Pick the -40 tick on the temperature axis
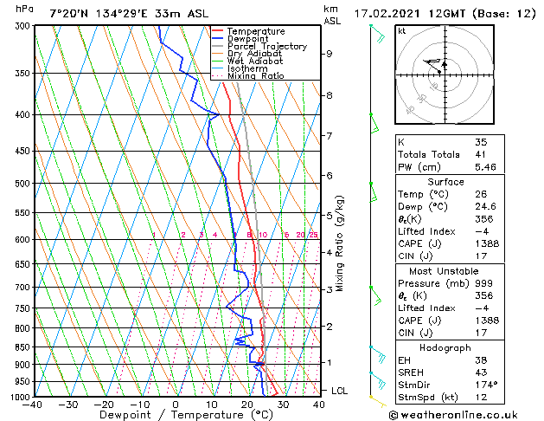pyautogui.click(x=34, y=405)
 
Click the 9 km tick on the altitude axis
pyautogui.click(x=330, y=54)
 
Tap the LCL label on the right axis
pyautogui.click(x=340, y=391)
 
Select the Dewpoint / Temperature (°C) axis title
pyautogui.click(x=176, y=415)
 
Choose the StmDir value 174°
pyautogui.click(x=486, y=384)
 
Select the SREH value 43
pyautogui.click(x=480, y=372)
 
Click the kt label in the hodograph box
pyautogui.click(x=401, y=31)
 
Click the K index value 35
pyautogui.click(x=480, y=141)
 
